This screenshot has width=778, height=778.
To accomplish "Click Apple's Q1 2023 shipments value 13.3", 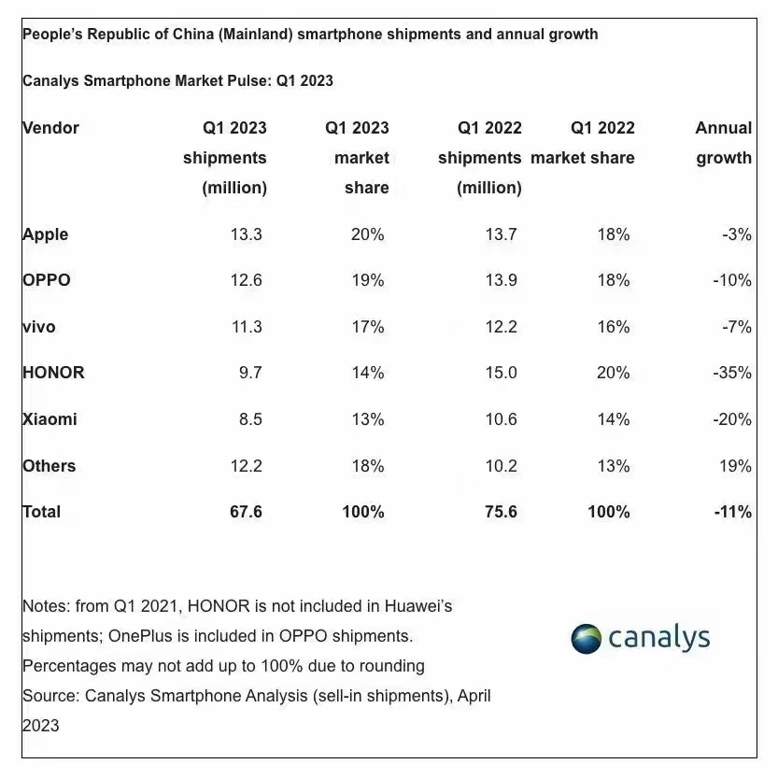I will [x=246, y=234].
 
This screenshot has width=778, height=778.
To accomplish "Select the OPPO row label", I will [x=47, y=280].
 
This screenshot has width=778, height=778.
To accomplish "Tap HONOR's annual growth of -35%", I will [x=730, y=373].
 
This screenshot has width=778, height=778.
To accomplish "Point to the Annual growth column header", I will [x=724, y=143].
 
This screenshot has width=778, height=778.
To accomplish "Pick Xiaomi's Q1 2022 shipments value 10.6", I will [x=501, y=419].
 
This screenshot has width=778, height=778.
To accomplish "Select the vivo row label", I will [x=39, y=327].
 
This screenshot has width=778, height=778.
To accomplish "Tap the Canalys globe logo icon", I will [x=586, y=639].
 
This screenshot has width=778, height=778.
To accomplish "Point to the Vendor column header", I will [x=51, y=128].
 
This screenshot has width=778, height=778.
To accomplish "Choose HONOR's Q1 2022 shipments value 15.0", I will [x=501, y=373].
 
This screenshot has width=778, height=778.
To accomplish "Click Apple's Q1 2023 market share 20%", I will [x=366, y=234].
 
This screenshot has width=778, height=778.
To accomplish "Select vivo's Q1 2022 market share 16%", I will [x=613, y=327].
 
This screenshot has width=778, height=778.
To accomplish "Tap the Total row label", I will [x=42, y=512].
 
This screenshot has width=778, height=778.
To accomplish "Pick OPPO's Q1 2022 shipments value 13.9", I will [x=501, y=280].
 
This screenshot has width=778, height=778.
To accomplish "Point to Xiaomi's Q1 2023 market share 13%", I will [x=366, y=419].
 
